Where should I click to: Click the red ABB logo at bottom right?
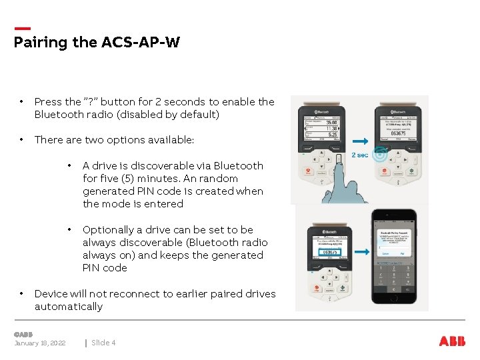tap(452, 341)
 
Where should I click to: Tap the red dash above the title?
tap(22, 29)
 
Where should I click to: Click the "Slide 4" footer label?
tap(103, 343)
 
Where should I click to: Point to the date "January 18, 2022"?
tap(40, 343)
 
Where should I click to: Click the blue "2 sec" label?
tap(359, 155)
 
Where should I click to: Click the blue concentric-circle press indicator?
tap(379, 155)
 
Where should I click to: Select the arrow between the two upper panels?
tap(360, 141)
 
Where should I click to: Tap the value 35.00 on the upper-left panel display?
tap(331, 123)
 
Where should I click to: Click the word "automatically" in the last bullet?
tap(69, 307)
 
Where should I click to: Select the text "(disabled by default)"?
tap(173, 115)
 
